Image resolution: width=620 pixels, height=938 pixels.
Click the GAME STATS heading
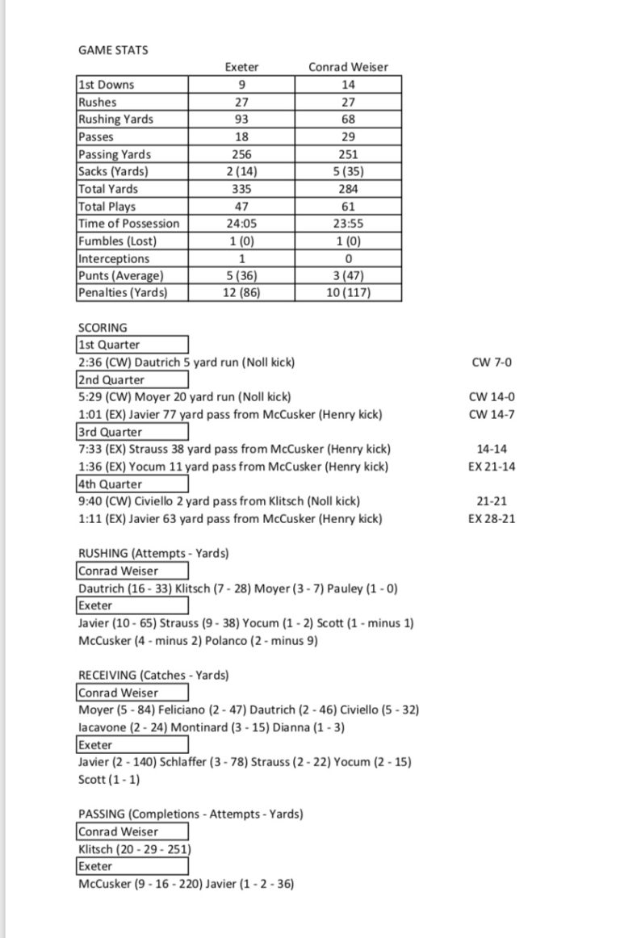coord(113,50)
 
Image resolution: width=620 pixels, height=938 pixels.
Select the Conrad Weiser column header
coord(348,67)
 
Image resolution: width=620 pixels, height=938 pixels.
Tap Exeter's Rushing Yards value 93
coord(241,119)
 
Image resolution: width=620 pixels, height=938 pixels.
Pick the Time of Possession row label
coord(129,224)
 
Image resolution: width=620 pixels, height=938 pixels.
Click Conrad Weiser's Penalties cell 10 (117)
coord(348,293)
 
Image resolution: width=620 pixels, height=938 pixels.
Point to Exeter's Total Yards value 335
coord(241,189)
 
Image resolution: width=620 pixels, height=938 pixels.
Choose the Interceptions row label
coord(114,258)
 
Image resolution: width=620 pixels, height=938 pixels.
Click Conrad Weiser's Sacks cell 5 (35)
coord(348,171)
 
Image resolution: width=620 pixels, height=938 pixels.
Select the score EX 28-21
coord(492,519)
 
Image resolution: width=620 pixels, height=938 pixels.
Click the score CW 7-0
coord(492,362)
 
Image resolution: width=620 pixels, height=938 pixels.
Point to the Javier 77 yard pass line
coord(230,415)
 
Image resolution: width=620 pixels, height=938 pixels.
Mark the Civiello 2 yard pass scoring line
coord(220,502)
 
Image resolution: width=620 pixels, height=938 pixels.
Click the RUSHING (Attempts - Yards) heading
coord(153,554)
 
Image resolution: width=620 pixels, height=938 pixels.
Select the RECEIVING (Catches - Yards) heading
coord(153,675)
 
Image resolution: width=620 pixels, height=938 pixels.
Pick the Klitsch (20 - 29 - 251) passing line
coord(135,849)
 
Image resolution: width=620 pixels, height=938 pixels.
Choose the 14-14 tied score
coord(492,450)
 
